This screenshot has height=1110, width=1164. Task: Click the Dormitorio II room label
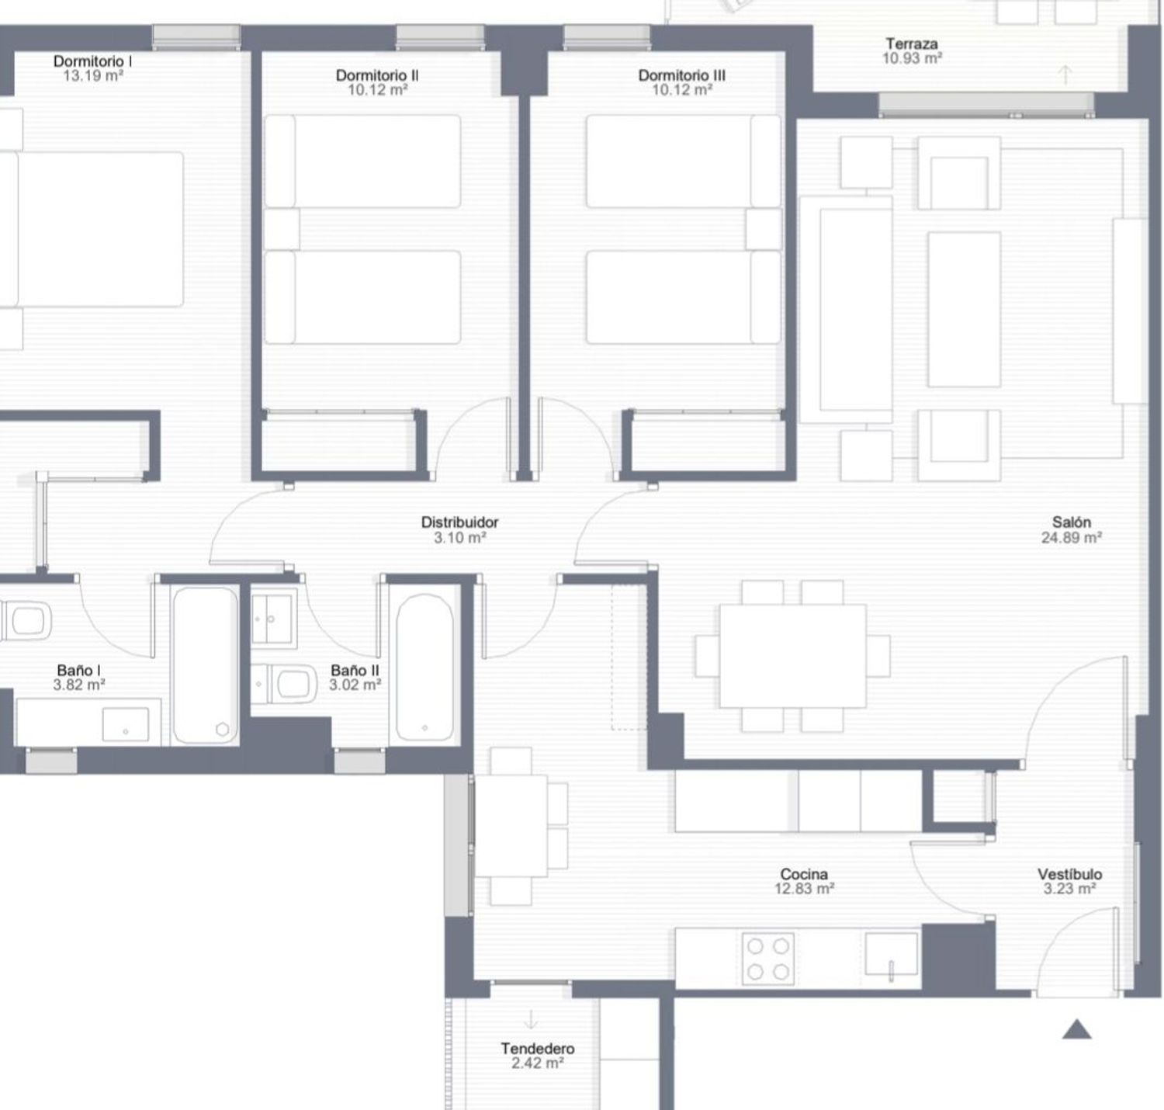(377, 75)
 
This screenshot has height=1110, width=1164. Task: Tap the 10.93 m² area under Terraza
(912, 58)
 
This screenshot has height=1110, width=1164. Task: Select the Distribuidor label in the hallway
(459, 522)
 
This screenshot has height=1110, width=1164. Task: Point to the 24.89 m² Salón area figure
(1071, 537)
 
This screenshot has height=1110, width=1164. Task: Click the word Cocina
(803, 874)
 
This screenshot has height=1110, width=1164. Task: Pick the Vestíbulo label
(1070, 874)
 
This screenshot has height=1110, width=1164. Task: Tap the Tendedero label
(538, 1049)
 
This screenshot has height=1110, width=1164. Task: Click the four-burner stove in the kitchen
(768, 959)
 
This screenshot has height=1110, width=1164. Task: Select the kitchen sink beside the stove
(891, 954)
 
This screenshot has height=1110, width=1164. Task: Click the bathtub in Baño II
(424, 667)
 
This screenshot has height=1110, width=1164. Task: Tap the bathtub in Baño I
(206, 664)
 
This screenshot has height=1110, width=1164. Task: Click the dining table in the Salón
(793, 656)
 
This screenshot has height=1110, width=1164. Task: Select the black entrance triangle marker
(1076, 1030)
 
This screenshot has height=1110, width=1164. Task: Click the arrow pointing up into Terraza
(1065, 75)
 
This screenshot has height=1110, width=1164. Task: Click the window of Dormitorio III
(607, 37)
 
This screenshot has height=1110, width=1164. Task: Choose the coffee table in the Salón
(964, 309)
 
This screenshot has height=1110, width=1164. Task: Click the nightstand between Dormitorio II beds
(282, 229)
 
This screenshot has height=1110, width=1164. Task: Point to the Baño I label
(78, 670)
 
